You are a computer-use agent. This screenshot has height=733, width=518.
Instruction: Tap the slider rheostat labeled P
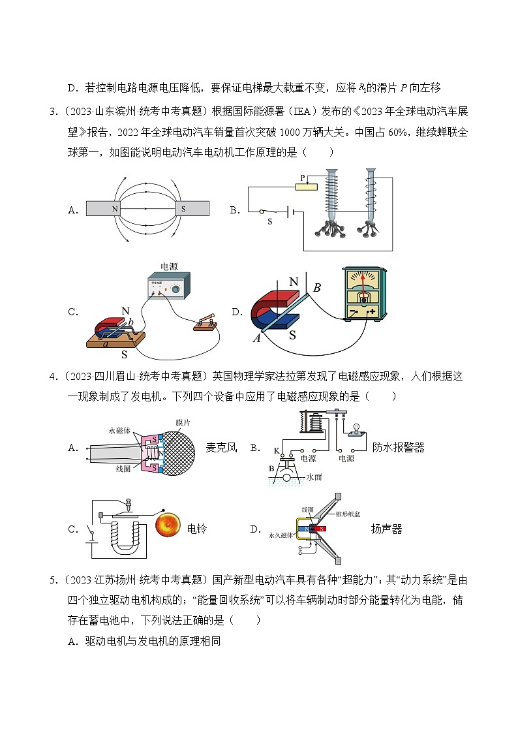(306, 187)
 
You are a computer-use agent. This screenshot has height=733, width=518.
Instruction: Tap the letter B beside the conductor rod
(317, 287)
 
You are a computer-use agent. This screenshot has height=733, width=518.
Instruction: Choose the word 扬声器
(387, 529)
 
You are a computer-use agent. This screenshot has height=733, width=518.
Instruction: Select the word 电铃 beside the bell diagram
(196, 529)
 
